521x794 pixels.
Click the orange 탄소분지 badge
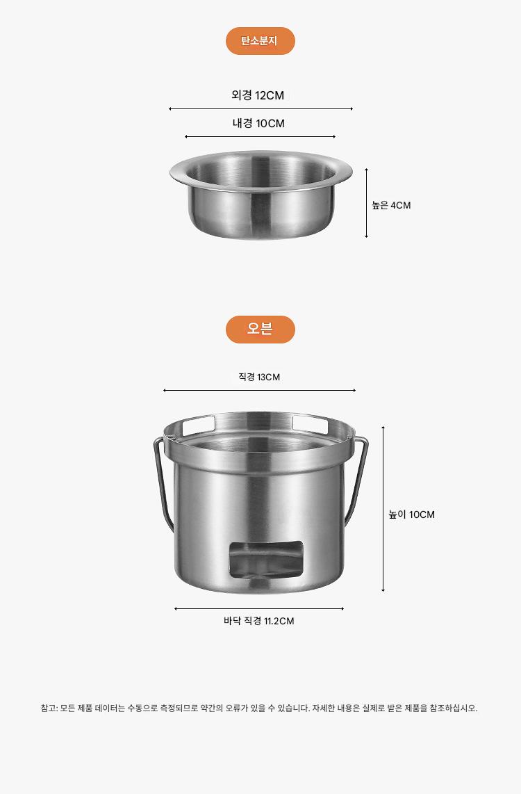pyautogui.click(x=260, y=41)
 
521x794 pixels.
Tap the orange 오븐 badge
pyautogui.click(x=260, y=329)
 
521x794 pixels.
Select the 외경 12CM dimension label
pyautogui.click(x=258, y=95)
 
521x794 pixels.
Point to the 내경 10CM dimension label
pyautogui.click(x=258, y=123)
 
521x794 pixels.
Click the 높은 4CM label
pyautogui.click(x=391, y=205)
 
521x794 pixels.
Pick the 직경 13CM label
pyautogui.click(x=259, y=377)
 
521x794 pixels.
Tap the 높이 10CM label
pyautogui.click(x=411, y=515)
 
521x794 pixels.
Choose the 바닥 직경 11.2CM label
pyautogui.click(x=259, y=621)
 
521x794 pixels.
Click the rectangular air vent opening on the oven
pyautogui.click(x=267, y=559)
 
